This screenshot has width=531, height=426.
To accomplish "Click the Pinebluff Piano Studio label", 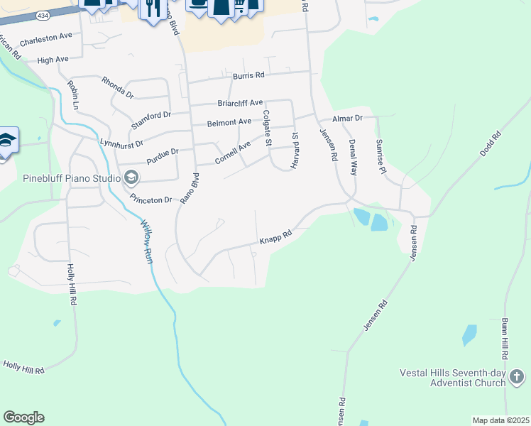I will [70, 177].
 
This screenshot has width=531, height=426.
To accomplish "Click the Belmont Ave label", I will [229, 123].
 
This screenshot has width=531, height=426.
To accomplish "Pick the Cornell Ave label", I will [233, 150].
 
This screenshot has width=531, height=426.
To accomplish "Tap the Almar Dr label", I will [349, 118].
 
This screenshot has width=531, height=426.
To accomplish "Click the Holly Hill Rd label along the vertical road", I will [71, 284].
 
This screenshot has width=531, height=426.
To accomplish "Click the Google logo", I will [23, 417].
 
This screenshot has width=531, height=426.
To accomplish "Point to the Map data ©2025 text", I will [500, 420].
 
